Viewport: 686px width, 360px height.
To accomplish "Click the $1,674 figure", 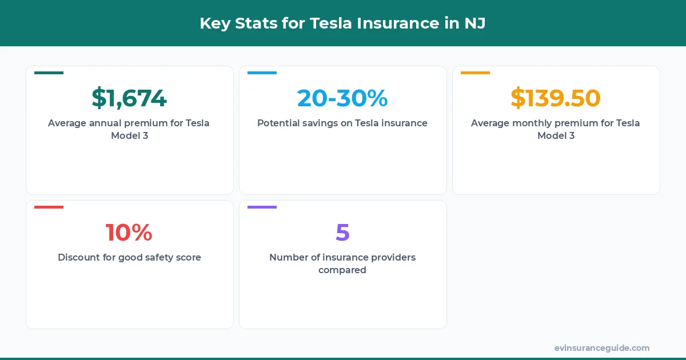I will click(x=129, y=98).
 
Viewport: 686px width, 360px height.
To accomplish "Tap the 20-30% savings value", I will click(x=342, y=98).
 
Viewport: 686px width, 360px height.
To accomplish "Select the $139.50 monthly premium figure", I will click(x=556, y=98).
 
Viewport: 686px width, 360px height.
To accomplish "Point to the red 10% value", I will click(x=129, y=233).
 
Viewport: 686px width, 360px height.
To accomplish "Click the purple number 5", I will click(x=342, y=233).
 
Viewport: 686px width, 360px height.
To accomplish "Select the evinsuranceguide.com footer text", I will click(x=602, y=348).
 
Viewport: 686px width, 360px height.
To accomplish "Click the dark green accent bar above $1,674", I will click(x=49, y=73).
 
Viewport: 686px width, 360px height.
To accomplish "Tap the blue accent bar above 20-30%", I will click(x=262, y=73).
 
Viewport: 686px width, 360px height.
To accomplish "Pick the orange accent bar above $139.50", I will click(x=475, y=73).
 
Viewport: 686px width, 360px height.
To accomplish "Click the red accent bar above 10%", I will click(x=49, y=207).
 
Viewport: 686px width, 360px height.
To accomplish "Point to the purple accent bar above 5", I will click(x=262, y=207).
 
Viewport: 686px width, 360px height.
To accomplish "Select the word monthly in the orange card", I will click(x=532, y=123).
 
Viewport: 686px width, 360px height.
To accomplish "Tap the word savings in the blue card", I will click(x=321, y=123).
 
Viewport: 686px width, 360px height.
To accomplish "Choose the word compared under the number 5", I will click(x=342, y=270).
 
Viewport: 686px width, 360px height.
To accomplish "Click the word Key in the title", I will click(x=213, y=23).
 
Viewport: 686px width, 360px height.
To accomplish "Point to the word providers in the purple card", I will click(x=393, y=257).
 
